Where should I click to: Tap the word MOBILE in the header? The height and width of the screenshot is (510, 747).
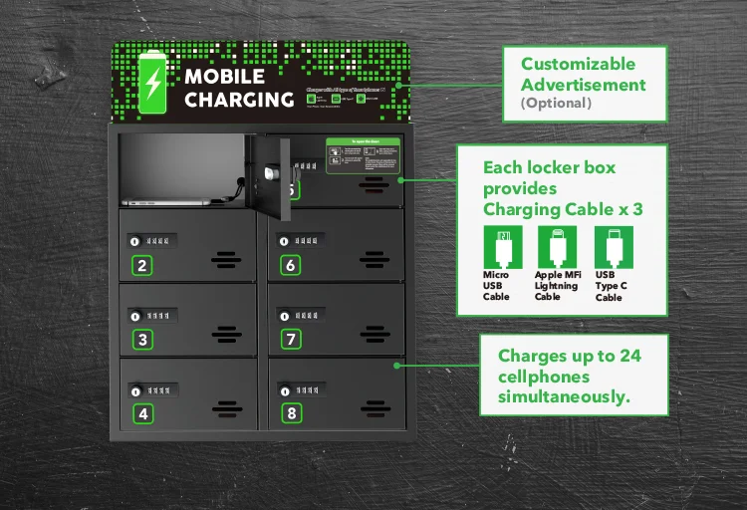coord(224,77)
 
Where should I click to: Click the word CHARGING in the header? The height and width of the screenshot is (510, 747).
coord(239,100)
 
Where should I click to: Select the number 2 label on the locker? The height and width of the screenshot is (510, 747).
coord(142,265)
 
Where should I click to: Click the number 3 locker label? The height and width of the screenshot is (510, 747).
coord(142,340)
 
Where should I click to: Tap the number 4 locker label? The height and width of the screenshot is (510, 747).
coord(142,412)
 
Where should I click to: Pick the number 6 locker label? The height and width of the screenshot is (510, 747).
coord(291,265)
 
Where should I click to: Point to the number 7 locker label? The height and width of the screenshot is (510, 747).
coord(291,340)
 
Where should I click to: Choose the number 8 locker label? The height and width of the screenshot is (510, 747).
coord(291,412)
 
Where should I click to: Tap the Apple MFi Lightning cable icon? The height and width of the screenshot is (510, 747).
coord(551,245)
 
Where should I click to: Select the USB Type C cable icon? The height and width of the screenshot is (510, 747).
coord(608,245)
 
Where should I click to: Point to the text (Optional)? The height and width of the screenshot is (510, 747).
coord(556,103)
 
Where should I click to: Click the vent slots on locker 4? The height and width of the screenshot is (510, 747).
coord(227,407)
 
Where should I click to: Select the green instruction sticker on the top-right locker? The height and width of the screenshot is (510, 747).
coord(363,155)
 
